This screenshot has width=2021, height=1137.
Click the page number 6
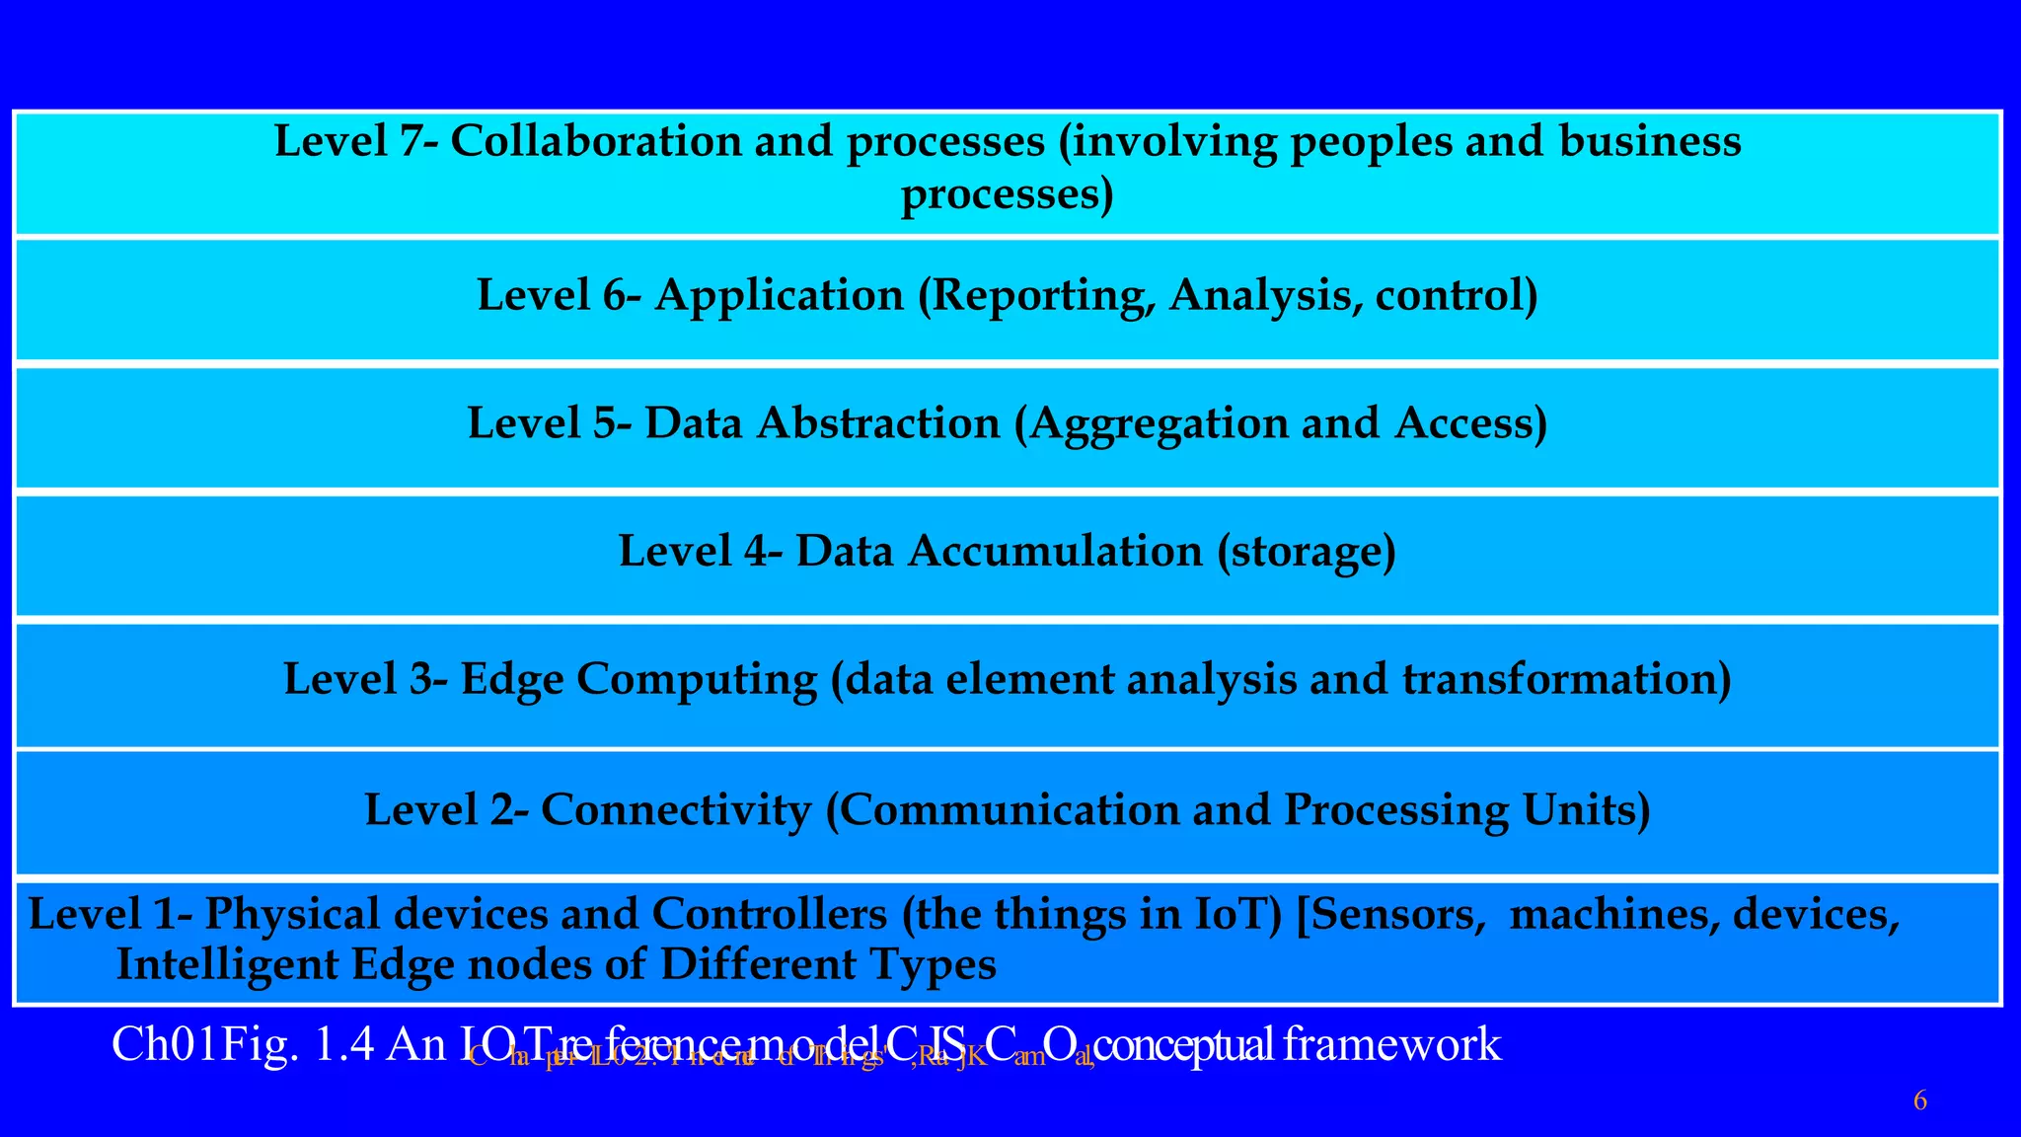coord(1919,1101)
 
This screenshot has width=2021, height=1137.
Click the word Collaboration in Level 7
coord(595,141)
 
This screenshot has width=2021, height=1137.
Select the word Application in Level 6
coord(779,296)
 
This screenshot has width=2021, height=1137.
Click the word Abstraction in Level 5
coord(878,423)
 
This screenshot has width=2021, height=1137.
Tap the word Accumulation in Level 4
coord(1055,551)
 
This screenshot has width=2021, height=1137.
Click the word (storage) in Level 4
coord(1306,552)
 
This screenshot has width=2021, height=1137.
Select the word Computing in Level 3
coord(697,680)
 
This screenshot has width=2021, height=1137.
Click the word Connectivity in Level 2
coord(675,810)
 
